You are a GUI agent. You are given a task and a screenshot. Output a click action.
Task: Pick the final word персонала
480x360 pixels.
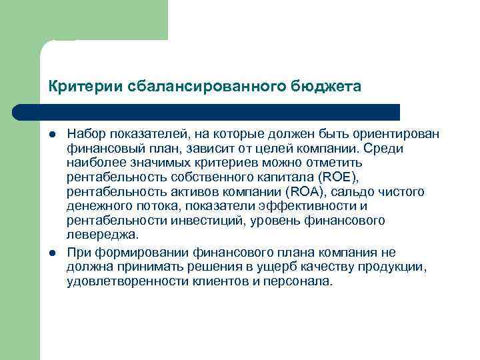tap(299, 281)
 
